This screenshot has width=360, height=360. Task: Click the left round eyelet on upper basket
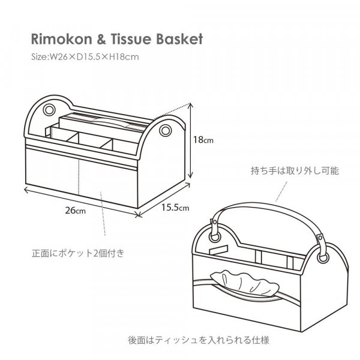click(x=49, y=112)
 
